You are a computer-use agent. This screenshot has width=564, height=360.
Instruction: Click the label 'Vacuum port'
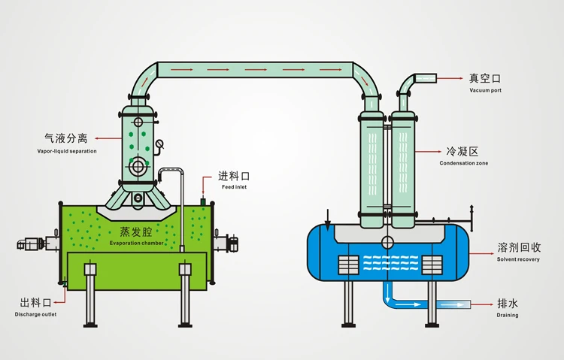pos(485,90)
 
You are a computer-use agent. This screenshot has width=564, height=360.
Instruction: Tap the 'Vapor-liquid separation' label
pos(67,151)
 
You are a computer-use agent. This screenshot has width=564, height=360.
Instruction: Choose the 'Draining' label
pos(507,316)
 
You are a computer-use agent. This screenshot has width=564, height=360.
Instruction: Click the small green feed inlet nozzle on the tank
pos(203,202)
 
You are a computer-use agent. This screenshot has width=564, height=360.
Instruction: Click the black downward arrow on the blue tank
pos(328,220)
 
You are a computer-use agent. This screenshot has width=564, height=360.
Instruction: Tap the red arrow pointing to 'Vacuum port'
pos(450,77)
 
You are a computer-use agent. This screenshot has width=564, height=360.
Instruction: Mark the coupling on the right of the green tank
pos(232,244)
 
